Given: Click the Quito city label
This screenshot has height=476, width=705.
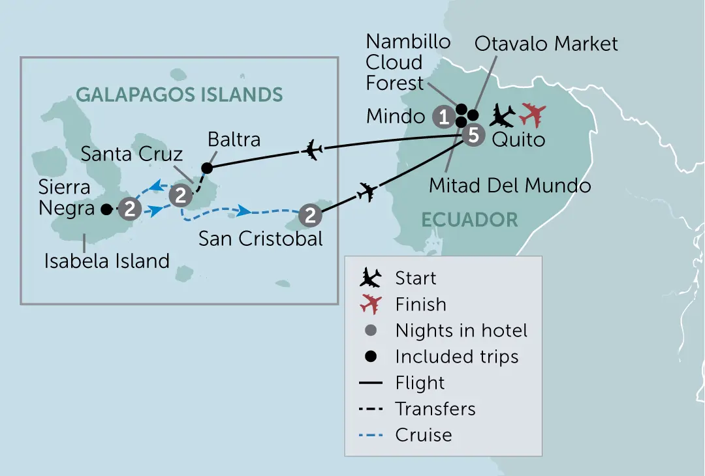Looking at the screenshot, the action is point(518,140).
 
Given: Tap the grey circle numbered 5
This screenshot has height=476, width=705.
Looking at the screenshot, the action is point(473,135).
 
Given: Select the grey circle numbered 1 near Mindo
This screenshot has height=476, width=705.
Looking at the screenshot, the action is point(444,117).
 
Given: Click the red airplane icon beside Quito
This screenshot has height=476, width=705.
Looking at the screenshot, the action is point(533,115).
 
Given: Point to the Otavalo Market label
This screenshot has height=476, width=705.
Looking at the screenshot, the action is point(546,44).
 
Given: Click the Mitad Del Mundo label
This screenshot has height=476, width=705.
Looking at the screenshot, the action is point(510,185).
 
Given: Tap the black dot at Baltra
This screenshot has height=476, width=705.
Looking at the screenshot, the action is point(207,168).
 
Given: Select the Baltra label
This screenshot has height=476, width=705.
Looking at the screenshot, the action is point(234,140).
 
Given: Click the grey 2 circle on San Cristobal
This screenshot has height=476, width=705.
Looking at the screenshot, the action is point(310,215).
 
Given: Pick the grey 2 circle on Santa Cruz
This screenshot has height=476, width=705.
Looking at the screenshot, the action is point(181,196).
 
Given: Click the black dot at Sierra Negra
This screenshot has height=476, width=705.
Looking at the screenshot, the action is point(106,209).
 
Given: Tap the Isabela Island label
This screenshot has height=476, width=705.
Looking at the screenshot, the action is point(107,261).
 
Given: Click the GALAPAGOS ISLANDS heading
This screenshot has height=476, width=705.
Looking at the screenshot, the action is point(180,95).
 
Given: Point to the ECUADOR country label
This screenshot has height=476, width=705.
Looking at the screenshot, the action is point(469,220).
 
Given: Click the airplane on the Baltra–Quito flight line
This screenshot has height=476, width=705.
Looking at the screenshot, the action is point(311,150).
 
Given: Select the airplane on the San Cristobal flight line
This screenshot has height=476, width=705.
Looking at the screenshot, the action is point(368,192).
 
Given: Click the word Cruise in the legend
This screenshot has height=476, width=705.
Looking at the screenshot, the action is point(424,435).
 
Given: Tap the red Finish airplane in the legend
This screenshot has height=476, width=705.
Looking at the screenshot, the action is point(371,305).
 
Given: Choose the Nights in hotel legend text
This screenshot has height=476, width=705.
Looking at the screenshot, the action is point(462,331).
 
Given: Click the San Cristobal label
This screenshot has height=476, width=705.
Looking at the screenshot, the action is point(260,239).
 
